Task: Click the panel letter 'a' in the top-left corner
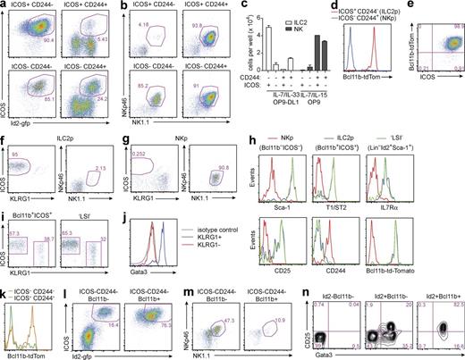4,6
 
